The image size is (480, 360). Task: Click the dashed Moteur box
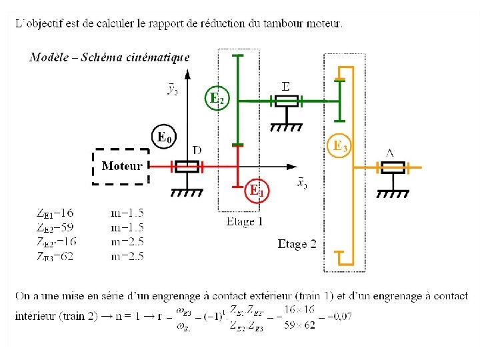coord(121,166)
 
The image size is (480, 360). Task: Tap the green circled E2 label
coord(216,99)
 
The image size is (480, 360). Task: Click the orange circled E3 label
coord(340,146)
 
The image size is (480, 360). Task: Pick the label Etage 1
coord(245,221)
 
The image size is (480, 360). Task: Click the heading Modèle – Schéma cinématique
coord(109,57)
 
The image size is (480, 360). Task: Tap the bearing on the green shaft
coord(287,101)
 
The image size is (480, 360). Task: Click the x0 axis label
coord(301,183)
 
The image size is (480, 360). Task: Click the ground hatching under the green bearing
coord(287,126)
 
